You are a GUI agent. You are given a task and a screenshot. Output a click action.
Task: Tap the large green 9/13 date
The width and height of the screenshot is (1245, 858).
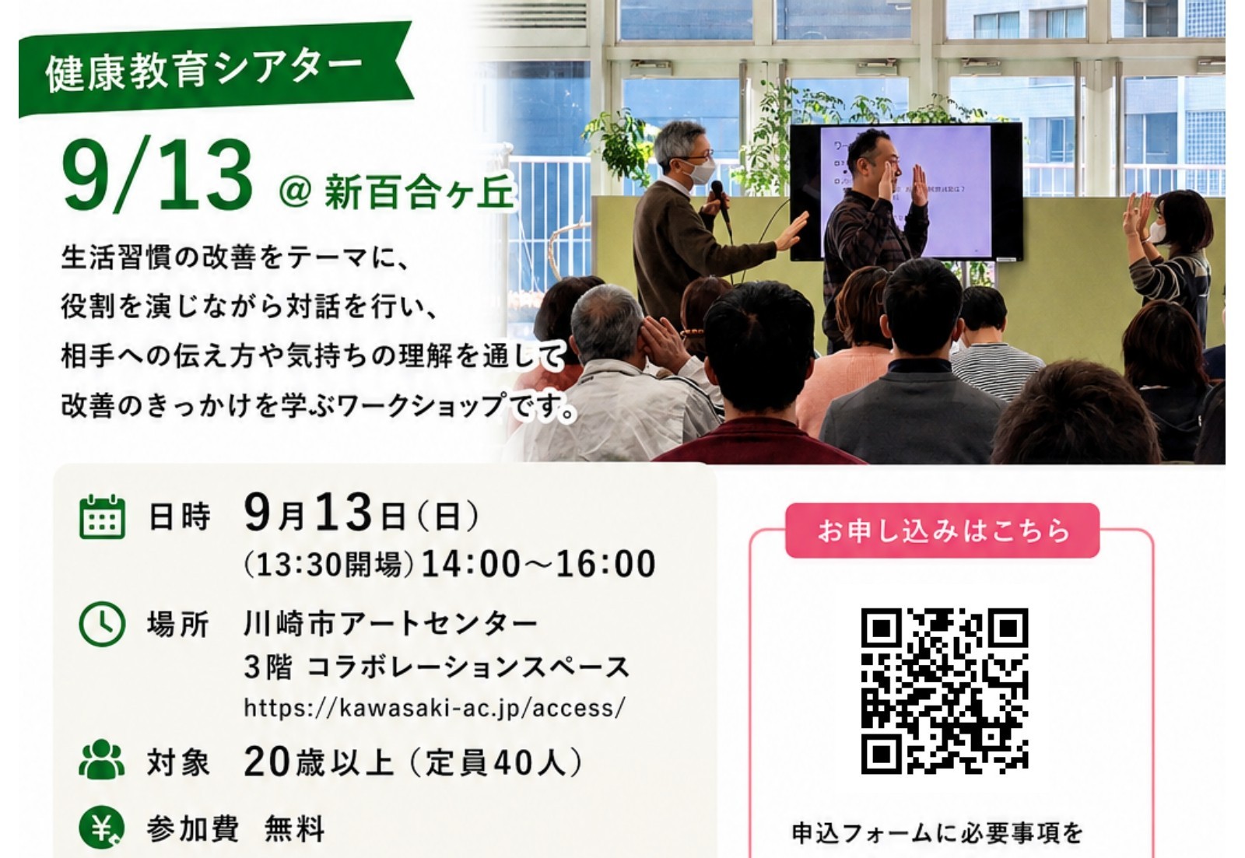pyautogui.click(x=157, y=177)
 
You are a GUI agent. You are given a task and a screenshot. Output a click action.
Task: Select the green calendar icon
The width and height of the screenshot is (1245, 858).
pyautogui.click(x=102, y=517)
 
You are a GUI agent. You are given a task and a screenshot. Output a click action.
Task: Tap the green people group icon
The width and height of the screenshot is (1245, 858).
pyautogui.click(x=102, y=758)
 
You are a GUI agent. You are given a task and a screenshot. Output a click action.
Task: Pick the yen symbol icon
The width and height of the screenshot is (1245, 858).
pyautogui.click(x=102, y=828)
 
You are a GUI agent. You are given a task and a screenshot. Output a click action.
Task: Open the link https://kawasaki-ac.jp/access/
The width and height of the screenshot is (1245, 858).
pyautogui.click(x=435, y=708)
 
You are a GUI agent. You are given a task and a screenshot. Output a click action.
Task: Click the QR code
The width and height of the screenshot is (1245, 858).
pyautogui.click(x=945, y=690)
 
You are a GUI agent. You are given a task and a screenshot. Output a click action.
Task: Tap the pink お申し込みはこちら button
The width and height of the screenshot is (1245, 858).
pyautogui.click(x=942, y=531)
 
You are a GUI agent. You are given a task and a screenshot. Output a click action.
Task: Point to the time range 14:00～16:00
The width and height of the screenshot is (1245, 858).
pyautogui.click(x=538, y=564)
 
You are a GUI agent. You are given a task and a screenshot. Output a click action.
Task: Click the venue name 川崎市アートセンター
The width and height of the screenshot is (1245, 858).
pyautogui.click(x=391, y=624)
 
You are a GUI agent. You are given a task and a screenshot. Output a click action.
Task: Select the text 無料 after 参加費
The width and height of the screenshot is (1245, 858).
pyautogui.click(x=295, y=829)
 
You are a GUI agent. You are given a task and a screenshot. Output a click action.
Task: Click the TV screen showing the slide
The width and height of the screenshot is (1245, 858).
pyautogui.click(x=906, y=191)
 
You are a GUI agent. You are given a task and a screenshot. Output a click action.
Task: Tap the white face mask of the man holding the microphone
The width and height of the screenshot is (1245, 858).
pyautogui.click(x=697, y=171)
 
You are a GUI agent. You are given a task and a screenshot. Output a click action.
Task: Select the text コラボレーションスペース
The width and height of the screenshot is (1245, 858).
pyautogui.click(x=468, y=667)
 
